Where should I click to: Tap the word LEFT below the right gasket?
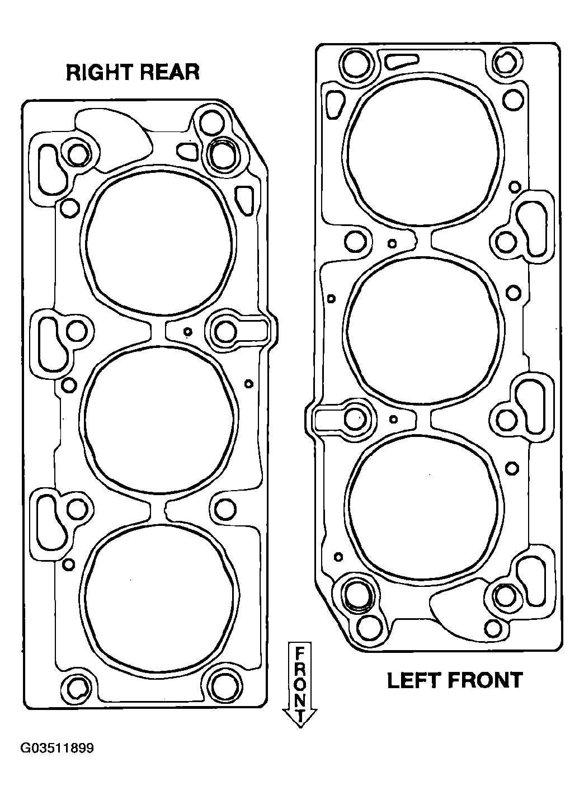[x=413, y=680]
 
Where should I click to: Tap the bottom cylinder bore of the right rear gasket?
[x=159, y=599]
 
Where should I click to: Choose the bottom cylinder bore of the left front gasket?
[x=425, y=508]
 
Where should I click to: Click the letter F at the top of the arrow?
[x=300, y=652]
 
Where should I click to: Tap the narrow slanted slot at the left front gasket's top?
[x=402, y=60]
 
